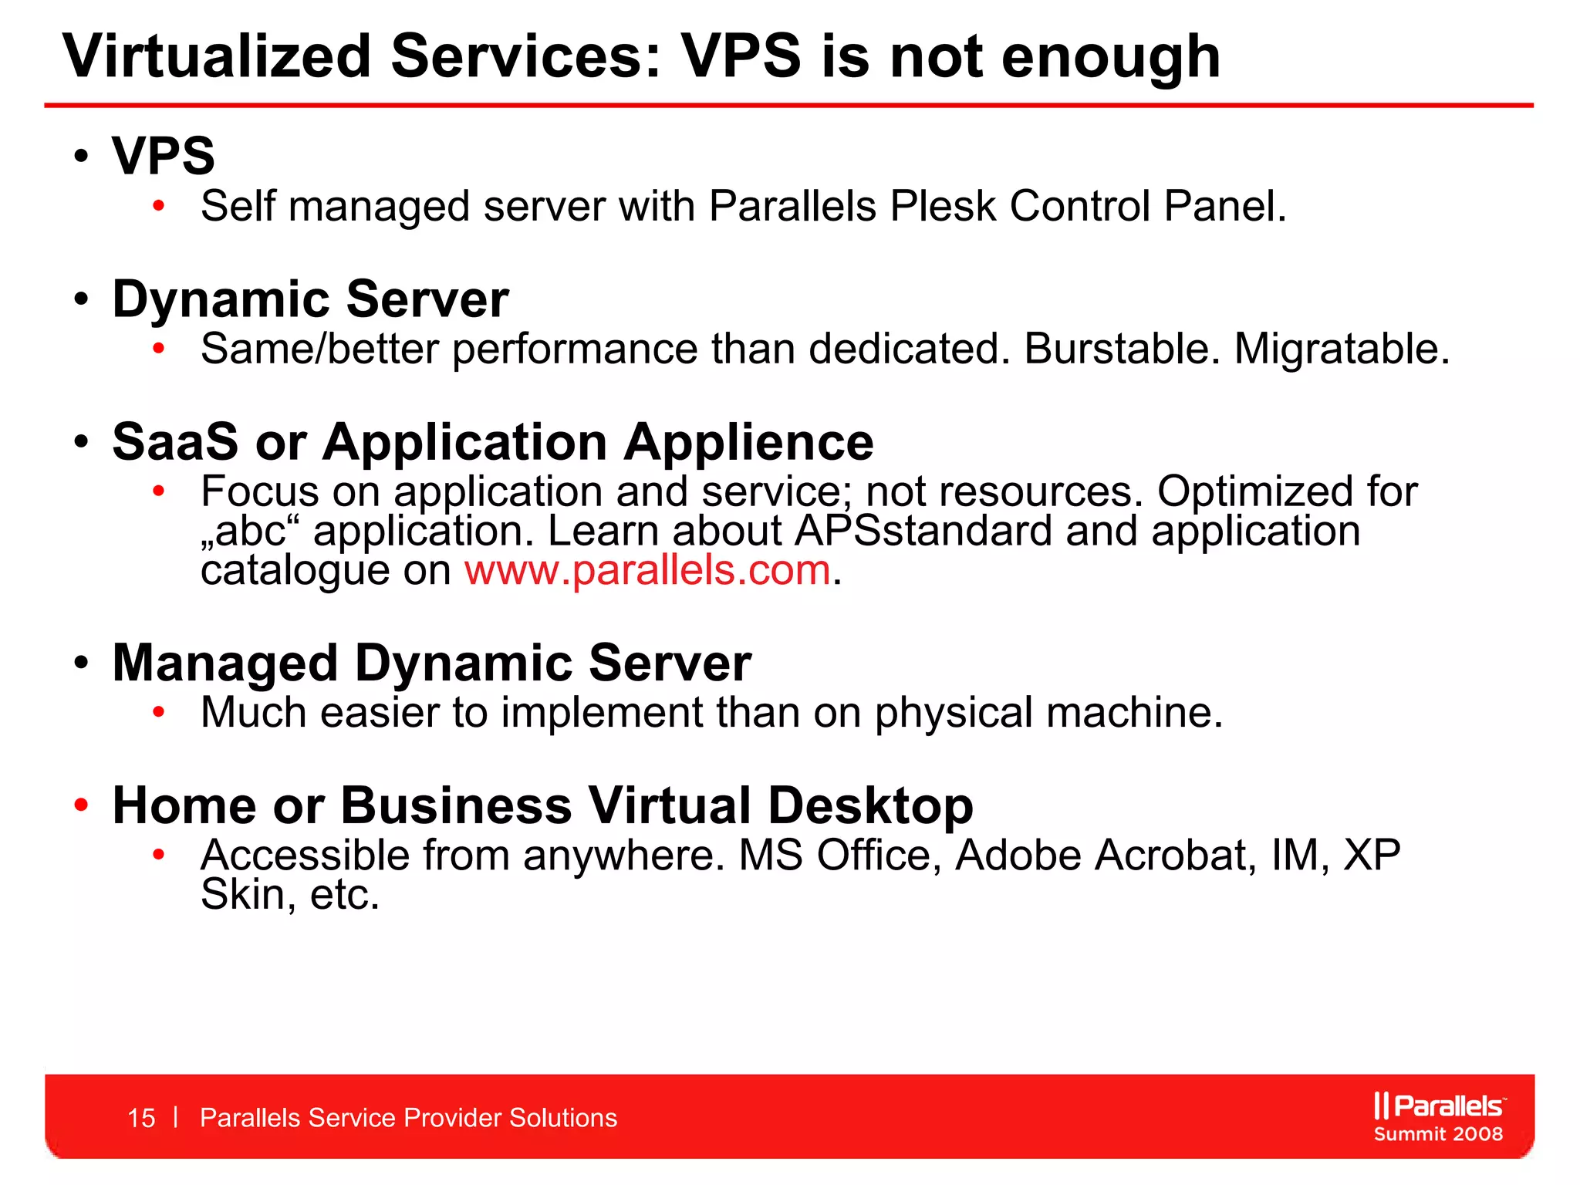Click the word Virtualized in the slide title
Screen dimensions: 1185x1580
click(x=217, y=56)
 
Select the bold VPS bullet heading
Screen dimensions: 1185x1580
click(x=163, y=156)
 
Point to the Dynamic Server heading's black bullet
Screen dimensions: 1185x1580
click(x=82, y=299)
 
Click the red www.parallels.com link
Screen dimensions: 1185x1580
click(x=647, y=571)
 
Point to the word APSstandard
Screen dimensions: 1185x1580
click(x=923, y=532)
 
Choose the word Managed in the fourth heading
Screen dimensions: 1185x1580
click(x=225, y=663)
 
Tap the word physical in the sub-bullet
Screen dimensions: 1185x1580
click(x=953, y=713)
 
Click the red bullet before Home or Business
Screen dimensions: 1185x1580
click(x=82, y=805)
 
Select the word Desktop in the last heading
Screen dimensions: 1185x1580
click(x=870, y=806)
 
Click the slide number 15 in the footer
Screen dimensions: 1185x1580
click(x=141, y=1118)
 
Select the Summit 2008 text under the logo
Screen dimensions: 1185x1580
click(x=1438, y=1134)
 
